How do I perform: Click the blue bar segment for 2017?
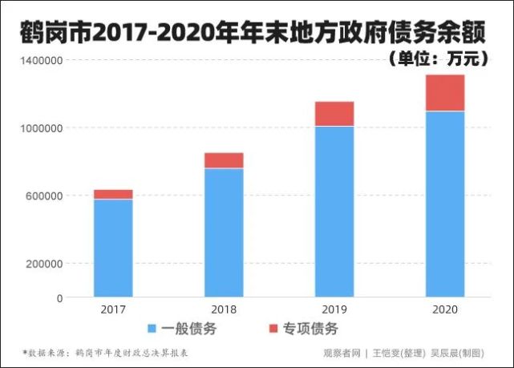pyautogui.click(x=113, y=248)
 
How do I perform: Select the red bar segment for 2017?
pyautogui.click(x=113, y=194)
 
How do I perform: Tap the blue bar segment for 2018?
pyautogui.click(x=224, y=233)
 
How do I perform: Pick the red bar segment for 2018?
pyautogui.click(x=224, y=160)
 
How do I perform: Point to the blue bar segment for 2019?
pyautogui.click(x=334, y=212)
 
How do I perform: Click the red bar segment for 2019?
pyautogui.click(x=334, y=114)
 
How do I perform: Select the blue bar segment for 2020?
pyautogui.click(x=445, y=204)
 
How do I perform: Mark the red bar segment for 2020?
pyautogui.click(x=445, y=93)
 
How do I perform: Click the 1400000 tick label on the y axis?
pyautogui.click(x=42, y=61)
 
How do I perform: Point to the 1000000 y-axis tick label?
pyautogui.click(x=42, y=128)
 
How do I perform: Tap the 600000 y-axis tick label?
pyautogui.click(x=44, y=196)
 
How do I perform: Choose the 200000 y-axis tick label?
pyautogui.click(x=44, y=264)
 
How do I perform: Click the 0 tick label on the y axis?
pyautogui.click(x=59, y=298)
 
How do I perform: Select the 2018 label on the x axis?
pyautogui.click(x=224, y=309)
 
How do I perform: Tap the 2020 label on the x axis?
pyautogui.click(x=445, y=309)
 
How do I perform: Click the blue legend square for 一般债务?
pyautogui.click(x=152, y=329)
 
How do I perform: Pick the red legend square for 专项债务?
pyautogui.click(x=273, y=329)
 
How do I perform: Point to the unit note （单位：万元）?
pyautogui.click(x=439, y=59)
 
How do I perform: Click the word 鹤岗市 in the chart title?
pyautogui.click(x=55, y=32)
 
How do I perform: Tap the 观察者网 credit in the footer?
pyautogui.click(x=342, y=353)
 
